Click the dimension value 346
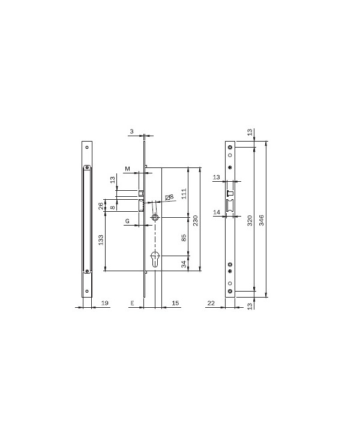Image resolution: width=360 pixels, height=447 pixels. click(x=262, y=220)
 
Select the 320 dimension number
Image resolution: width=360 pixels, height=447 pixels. click(x=250, y=221)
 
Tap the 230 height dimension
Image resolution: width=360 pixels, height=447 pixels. click(x=196, y=221)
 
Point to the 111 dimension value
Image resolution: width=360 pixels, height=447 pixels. click(x=184, y=194)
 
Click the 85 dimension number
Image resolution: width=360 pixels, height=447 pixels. click(x=184, y=238)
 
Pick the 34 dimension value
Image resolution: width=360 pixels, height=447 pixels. click(x=184, y=264)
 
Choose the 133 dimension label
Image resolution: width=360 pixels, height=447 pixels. click(x=101, y=241)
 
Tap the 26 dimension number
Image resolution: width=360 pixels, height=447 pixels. click(x=101, y=206)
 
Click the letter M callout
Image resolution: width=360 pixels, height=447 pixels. click(x=127, y=169)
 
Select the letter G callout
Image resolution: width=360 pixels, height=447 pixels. click(x=127, y=221)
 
